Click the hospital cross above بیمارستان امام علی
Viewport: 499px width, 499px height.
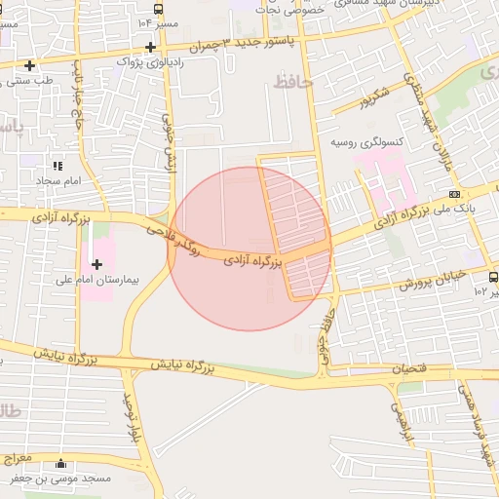(x=96, y=264)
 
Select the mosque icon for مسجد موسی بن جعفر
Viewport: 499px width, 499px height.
(x=62, y=464)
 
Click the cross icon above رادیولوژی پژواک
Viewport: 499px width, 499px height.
(x=149, y=46)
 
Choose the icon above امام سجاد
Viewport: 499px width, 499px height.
(x=58, y=167)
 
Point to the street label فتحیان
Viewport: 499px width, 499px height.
(x=409, y=369)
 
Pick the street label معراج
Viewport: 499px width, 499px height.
(x=18, y=458)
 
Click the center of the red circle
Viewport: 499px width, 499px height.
(x=250, y=249)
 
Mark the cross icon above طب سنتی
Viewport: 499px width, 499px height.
(x=31, y=66)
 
